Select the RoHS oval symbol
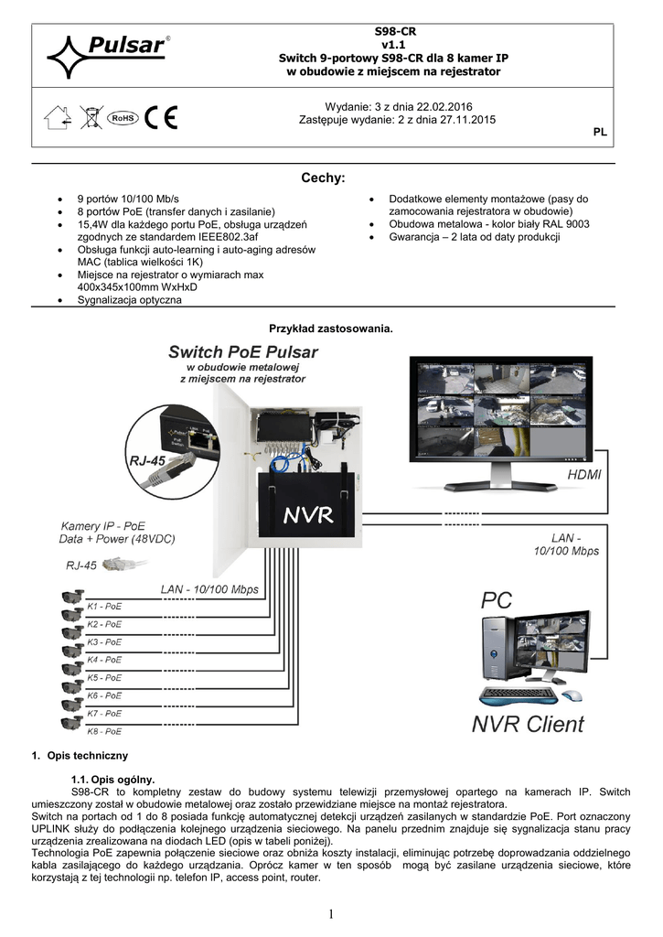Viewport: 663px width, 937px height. click(x=123, y=118)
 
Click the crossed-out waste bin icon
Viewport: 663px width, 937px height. click(x=91, y=118)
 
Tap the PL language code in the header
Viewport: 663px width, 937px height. click(x=600, y=133)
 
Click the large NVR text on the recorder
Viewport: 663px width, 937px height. click(x=307, y=515)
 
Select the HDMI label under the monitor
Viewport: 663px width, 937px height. click(x=584, y=476)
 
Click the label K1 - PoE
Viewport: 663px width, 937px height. click(x=104, y=607)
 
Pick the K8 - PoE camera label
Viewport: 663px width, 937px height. click(x=104, y=731)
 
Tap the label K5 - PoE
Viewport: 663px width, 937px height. click(x=104, y=678)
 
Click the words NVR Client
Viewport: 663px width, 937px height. click(x=528, y=725)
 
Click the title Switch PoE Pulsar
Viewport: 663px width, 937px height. click(x=243, y=351)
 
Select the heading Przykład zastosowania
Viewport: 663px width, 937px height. click(x=330, y=328)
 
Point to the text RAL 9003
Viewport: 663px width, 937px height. click(x=566, y=224)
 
